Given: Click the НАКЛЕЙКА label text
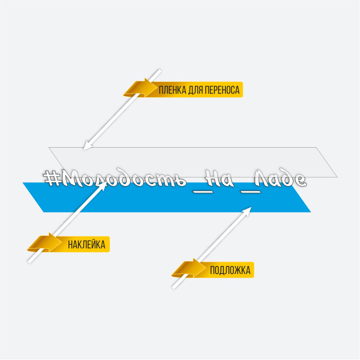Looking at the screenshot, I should pos(86,245).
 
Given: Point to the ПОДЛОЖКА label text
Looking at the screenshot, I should pos(230,270).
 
